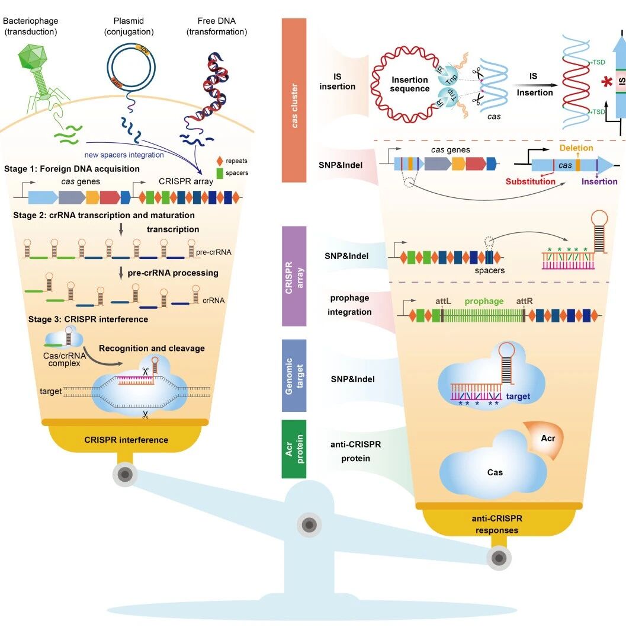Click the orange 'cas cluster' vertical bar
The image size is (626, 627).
294,100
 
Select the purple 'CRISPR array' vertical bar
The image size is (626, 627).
294,276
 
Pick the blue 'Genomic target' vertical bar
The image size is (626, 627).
294,376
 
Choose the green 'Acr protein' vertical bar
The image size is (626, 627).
294,449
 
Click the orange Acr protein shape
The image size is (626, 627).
545,439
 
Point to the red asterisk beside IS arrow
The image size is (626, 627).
607,82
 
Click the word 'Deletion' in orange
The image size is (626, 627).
576,148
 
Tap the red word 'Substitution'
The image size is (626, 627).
531,181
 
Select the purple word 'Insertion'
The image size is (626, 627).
599,181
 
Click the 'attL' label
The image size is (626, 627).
443,301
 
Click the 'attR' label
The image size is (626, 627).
524,301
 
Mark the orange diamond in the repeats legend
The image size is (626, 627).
219,161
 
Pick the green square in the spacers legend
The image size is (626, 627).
219,173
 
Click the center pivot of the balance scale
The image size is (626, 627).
309,524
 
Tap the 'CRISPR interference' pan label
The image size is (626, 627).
126,440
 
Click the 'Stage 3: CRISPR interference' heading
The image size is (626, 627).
88,319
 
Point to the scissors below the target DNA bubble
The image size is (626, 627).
145,415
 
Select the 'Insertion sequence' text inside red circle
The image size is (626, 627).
409,84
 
